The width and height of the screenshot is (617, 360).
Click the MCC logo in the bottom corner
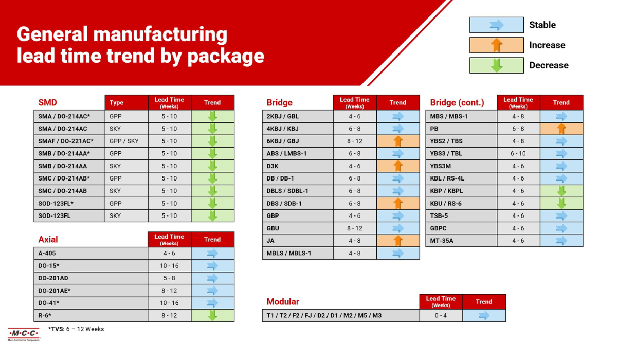pyautogui.click(x=23, y=334)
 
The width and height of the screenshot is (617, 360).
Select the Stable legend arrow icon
pyautogui.click(x=497, y=25)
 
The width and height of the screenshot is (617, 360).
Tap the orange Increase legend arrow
pyautogui.click(x=497, y=45)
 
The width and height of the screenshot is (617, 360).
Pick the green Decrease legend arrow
pyautogui.click(x=497, y=65)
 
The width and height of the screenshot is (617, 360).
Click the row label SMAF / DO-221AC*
pyautogui.click(x=66, y=141)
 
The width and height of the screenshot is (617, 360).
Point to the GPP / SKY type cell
pyautogui.click(x=124, y=141)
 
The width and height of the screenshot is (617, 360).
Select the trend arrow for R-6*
pyautogui.click(x=212, y=315)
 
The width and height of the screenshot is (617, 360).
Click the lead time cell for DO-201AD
pyautogui.click(x=169, y=278)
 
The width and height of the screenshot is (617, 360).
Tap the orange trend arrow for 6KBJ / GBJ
pyautogui.click(x=397, y=141)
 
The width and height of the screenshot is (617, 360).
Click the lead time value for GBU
pyautogui.click(x=354, y=228)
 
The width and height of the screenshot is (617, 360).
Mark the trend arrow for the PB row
pyautogui.click(x=561, y=129)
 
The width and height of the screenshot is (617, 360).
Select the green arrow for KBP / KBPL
pyautogui.click(x=561, y=191)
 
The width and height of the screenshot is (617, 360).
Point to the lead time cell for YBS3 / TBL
pyautogui.click(x=518, y=154)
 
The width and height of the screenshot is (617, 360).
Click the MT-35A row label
pyautogui.click(x=442, y=241)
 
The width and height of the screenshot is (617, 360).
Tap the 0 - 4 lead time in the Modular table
pyautogui.click(x=441, y=316)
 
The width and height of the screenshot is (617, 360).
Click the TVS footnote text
pyautogui.click(x=76, y=329)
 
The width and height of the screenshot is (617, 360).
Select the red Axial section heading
pyautogui.click(x=48, y=240)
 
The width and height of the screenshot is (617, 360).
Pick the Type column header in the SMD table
pyautogui.click(x=117, y=103)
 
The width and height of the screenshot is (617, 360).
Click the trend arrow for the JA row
pyautogui.click(x=397, y=241)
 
